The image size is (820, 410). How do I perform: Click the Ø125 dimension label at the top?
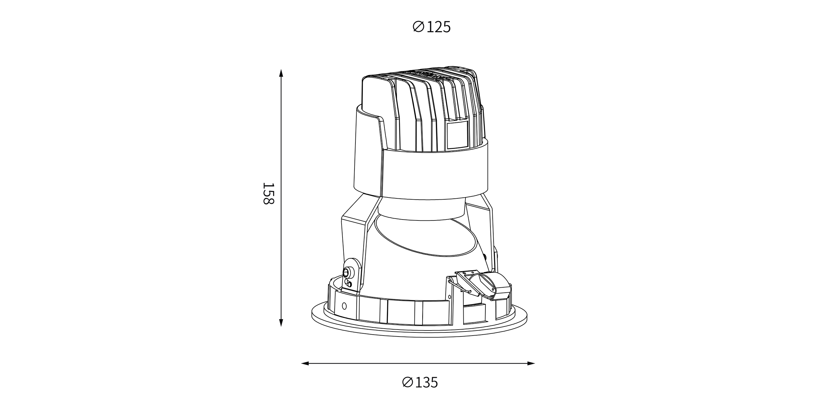432,27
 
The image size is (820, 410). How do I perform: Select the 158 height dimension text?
268,194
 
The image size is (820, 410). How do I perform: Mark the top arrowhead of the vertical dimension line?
281,73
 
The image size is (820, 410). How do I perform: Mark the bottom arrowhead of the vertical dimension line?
281,322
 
